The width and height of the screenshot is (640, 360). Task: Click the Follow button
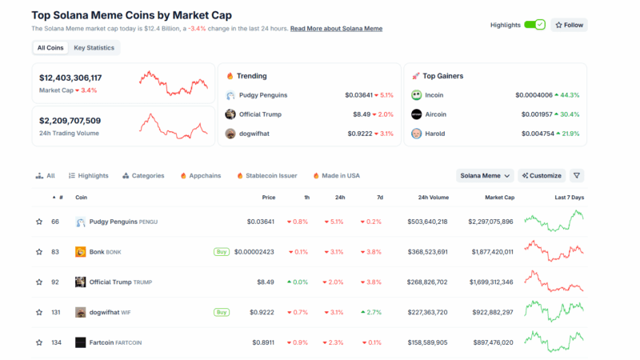[570, 25]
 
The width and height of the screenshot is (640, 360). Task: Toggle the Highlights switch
[534, 25]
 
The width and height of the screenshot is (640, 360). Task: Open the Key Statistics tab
[94, 48]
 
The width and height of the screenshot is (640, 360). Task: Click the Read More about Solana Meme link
[336, 29]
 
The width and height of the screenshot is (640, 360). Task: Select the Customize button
[542, 175]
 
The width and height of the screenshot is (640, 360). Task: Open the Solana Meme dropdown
[485, 175]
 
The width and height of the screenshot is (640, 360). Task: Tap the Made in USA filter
[336, 175]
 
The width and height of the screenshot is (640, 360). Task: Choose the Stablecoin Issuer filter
[266, 175]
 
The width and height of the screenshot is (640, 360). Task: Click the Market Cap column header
[499, 197]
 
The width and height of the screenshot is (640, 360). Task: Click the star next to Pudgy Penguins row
[38, 222]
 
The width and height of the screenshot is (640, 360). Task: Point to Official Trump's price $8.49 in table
[266, 282]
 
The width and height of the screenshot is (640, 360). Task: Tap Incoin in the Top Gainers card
[434, 95]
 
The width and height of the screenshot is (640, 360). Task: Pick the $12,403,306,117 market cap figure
[70, 78]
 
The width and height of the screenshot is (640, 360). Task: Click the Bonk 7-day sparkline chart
[554, 251]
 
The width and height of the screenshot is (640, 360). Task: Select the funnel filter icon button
[577, 175]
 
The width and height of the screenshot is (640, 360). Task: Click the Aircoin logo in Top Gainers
[417, 114]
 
